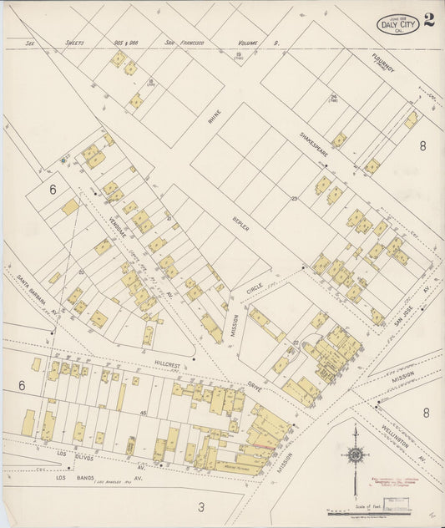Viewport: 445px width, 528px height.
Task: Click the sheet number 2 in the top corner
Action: [428, 20]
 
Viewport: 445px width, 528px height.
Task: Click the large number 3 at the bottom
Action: [200, 506]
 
